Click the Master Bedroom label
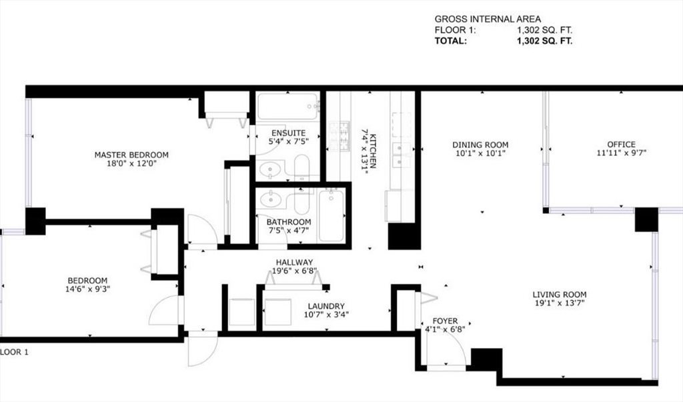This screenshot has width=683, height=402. pyautogui.click(x=131, y=155)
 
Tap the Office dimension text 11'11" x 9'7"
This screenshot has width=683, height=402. pyautogui.click(x=621, y=153)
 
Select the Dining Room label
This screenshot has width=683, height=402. pyautogui.click(x=480, y=145)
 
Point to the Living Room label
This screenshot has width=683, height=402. pyautogui.click(x=560, y=295)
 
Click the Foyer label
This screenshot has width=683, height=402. pyautogui.click(x=445, y=321)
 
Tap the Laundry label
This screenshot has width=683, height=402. pyautogui.click(x=326, y=306)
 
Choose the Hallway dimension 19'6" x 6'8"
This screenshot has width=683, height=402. pyautogui.click(x=294, y=271)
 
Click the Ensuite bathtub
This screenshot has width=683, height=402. pyautogui.click(x=288, y=106)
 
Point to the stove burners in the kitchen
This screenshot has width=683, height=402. pyautogui.click(x=338, y=136)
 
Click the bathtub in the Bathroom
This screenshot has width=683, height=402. pyautogui.click(x=331, y=215)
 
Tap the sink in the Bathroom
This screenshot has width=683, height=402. pyautogui.click(x=270, y=200)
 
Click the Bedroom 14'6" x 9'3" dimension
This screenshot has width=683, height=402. pyautogui.click(x=87, y=289)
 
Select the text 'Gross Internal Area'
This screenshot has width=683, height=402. pyautogui.click(x=488, y=19)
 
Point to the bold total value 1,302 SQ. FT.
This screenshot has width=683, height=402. pyautogui.click(x=544, y=41)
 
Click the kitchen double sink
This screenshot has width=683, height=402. pyautogui.click(x=402, y=155)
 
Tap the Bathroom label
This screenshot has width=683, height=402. pyautogui.click(x=289, y=222)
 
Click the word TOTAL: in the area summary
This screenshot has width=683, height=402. pyautogui.click(x=451, y=41)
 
